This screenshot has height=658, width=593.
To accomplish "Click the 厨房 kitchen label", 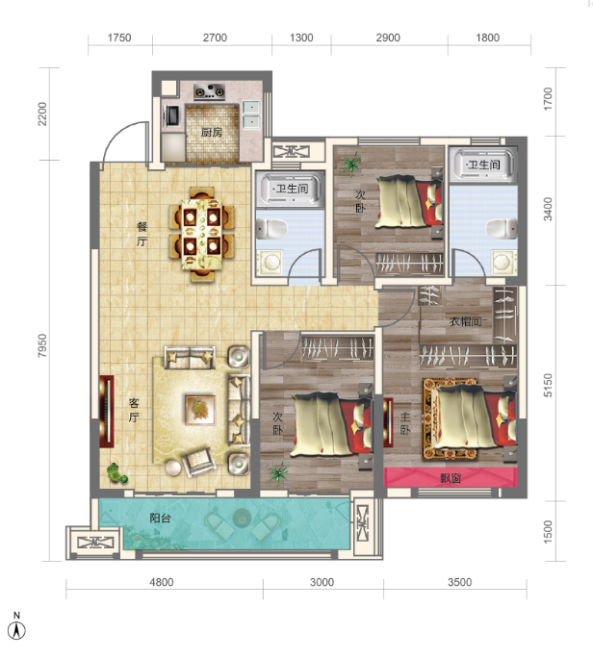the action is click(211, 132).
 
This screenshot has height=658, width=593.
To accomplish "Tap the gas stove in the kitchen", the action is click(209, 92).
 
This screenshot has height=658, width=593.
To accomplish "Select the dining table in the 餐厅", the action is click(201, 234).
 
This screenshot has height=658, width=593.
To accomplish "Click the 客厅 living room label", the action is click(134, 410).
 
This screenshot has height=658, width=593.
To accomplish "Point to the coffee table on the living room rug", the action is click(200, 410).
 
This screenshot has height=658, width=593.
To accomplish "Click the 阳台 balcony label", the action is click(160, 518).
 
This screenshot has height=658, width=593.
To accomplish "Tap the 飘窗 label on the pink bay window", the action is click(451, 477).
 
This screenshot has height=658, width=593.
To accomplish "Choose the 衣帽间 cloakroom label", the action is click(465, 322).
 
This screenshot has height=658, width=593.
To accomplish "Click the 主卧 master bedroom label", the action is click(405, 423).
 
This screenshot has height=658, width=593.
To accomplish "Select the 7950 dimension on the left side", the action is click(42, 345).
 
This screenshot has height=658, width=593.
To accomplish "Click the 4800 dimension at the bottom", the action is click(162, 582).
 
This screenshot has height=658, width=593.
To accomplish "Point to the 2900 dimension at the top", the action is click(388, 38).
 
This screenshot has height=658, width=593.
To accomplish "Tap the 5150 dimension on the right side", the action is click(548, 385).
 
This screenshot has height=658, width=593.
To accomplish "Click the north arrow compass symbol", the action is click(16, 630).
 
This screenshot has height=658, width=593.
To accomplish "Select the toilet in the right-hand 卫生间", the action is click(502, 229).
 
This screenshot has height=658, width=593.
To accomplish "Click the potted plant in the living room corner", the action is click(116, 473).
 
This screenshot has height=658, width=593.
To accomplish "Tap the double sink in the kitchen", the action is click(251, 114).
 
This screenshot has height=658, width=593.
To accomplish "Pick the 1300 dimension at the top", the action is click(301, 38).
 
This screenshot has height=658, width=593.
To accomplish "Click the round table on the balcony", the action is click(242, 518).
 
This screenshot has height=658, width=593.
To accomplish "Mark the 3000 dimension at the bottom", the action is click(322, 582).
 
